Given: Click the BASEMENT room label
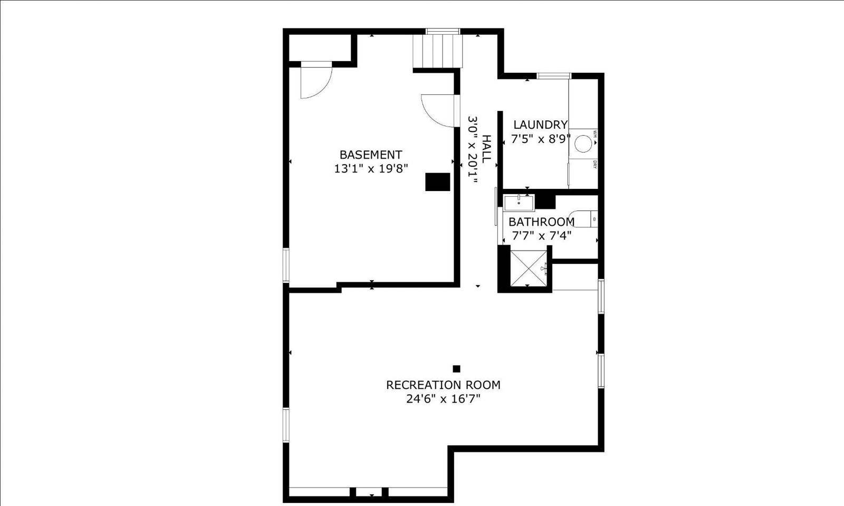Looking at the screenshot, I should point(370,155).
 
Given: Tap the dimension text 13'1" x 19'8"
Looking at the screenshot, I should point(371,169).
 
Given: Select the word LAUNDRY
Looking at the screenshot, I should point(540,125).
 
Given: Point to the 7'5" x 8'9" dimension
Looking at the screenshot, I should point(541,139).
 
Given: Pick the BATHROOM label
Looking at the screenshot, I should point(541,222).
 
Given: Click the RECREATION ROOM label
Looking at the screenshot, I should point(443,385).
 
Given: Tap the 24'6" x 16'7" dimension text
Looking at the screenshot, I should point(443,399).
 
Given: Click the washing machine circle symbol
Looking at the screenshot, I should point(583,144).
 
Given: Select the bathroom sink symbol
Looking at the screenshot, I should point(519,202).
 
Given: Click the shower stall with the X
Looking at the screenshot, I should point(529,269).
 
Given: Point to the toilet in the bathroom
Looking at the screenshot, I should point(587,218).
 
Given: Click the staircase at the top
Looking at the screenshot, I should point(437,51).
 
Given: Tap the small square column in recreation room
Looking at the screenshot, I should point(457,369).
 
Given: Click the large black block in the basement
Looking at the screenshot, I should point(437,182).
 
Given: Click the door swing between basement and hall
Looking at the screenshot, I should point(438,110).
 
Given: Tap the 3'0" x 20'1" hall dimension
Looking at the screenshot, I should point(473,150).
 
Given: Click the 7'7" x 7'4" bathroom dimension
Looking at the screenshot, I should point(541,235).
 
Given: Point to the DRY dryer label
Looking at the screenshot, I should point(594,164).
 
